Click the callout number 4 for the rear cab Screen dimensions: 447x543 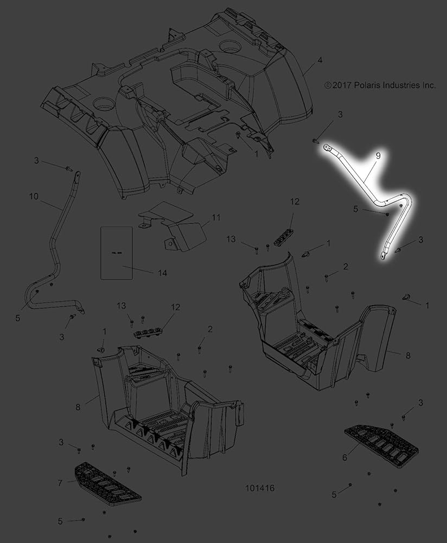pos(320,60)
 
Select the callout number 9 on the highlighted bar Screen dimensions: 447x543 pos(378,156)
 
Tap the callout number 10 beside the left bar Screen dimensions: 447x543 pos(34,197)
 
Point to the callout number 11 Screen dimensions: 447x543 pos(216,218)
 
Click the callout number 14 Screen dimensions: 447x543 pos(162,273)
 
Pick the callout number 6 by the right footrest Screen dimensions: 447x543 pos(344,457)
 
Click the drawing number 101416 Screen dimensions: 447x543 pos(260,488)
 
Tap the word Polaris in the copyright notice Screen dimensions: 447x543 pos(367,85)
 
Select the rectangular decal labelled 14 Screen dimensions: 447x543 pos(117,253)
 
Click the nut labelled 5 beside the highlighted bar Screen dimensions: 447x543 pos(387,214)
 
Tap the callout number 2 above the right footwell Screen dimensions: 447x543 pos(345,267)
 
